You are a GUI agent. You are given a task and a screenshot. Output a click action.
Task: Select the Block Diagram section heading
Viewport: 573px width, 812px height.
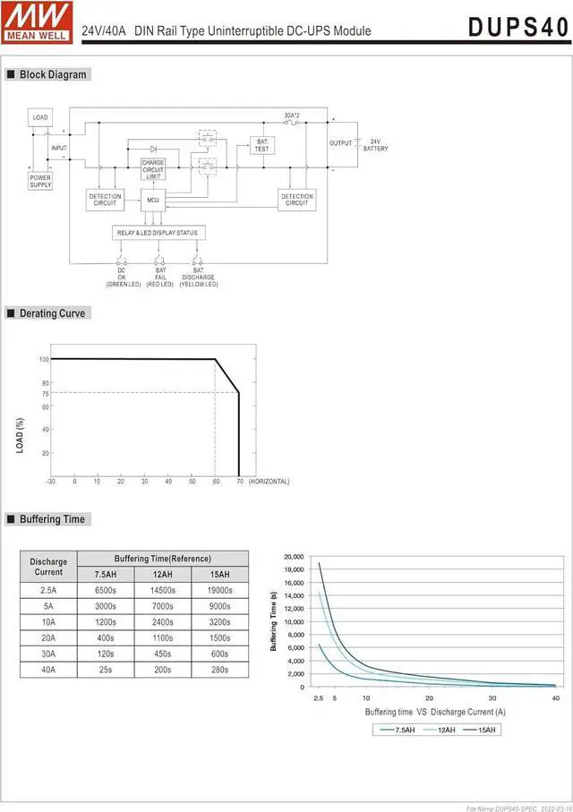point(53,74)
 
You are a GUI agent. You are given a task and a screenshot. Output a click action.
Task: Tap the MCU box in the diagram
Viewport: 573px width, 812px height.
point(153,200)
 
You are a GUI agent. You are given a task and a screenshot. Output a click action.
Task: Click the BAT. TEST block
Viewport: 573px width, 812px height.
point(261,146)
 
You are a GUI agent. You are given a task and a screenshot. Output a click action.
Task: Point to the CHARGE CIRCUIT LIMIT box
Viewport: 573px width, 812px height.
point(153,169)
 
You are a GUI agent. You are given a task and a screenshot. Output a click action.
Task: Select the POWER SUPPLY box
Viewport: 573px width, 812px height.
point(40,180)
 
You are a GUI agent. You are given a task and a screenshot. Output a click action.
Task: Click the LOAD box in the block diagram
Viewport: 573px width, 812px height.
point(40,117)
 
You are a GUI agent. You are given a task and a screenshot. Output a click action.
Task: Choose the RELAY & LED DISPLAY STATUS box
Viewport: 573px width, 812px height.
point(158,233)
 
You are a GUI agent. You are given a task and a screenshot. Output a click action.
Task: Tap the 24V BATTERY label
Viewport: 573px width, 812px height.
point(375,145)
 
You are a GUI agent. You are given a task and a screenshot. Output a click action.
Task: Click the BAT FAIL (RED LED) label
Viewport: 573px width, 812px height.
point(160,277)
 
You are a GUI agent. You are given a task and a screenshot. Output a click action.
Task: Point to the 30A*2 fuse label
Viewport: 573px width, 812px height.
point(291,115)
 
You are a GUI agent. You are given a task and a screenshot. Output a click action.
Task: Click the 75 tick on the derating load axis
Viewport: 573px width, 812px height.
point(45,393)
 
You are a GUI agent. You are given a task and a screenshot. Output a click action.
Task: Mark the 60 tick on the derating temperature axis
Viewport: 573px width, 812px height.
point(216,482)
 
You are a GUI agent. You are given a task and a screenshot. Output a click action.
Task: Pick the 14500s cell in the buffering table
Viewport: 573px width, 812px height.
point(162,590)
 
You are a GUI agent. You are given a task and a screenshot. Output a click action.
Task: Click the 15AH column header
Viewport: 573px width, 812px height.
point(219,574)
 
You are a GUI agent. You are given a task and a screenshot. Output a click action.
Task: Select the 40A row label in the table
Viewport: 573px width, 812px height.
point(48,670)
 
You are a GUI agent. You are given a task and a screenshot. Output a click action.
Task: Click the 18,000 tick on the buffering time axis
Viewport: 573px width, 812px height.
point(294,569)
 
